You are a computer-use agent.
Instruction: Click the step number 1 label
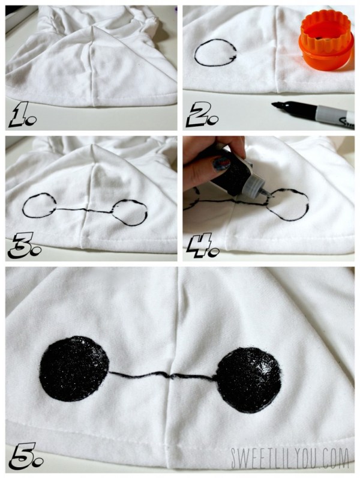tap(23, 114)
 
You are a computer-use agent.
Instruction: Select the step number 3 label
tap(25, 246)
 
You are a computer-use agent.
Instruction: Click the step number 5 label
tap(26, 456)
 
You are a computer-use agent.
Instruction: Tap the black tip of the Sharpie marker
tap(278, 106)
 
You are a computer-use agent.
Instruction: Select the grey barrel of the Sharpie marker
tap(334, 115)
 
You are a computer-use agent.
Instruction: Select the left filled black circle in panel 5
tap(74, 369)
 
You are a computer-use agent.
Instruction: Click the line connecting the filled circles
tap(163, 375)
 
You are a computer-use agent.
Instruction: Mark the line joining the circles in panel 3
tap(84, 210)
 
